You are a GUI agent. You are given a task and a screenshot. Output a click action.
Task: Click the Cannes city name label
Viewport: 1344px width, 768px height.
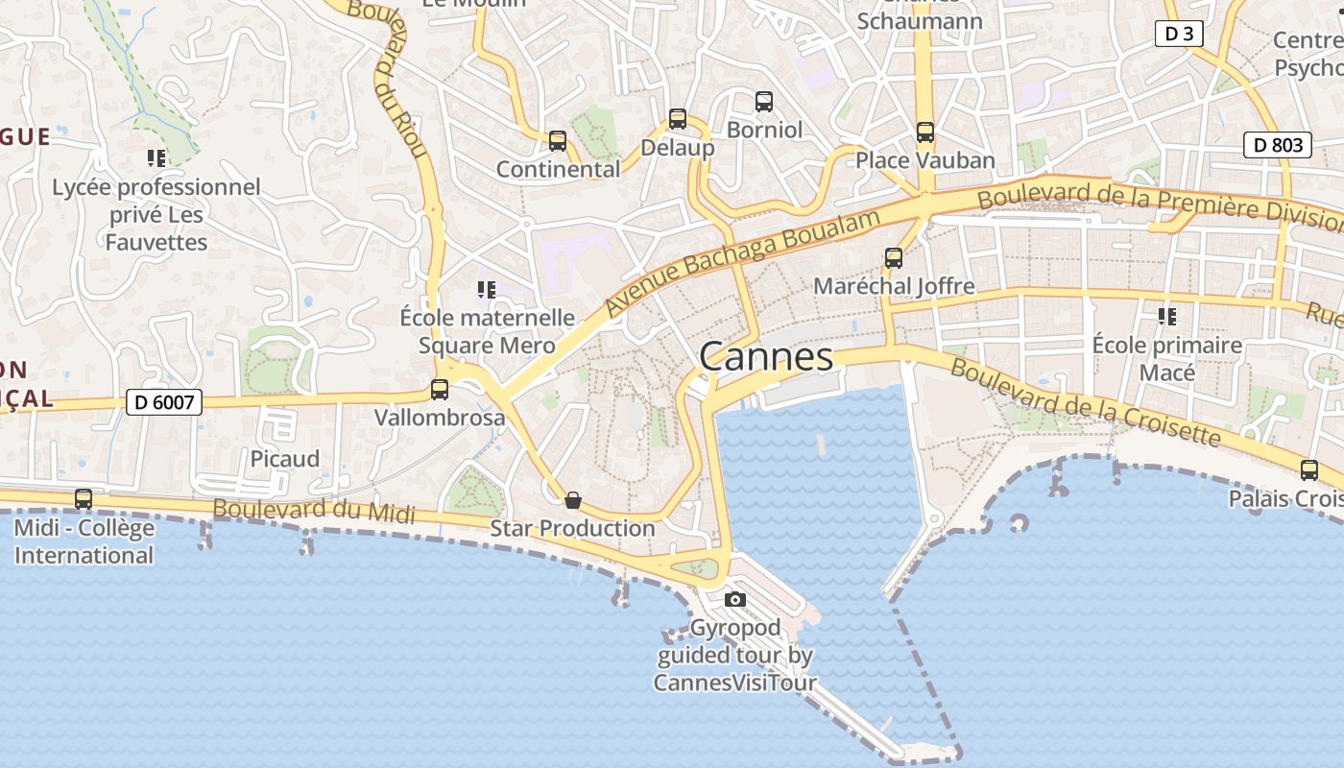(x=766, y=357)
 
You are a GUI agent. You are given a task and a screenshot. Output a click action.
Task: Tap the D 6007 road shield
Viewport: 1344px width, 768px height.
(x=164, y=402)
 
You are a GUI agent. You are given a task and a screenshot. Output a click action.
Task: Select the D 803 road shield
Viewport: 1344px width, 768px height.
(x=1279, y=145)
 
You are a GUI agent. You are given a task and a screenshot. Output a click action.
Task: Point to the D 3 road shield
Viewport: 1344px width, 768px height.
(x=1179, y=34)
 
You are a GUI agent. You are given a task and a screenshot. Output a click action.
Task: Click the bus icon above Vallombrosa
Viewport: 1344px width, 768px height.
(x=440, y=390)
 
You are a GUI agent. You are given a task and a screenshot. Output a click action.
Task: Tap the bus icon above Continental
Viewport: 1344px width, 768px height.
(x=558, y=141)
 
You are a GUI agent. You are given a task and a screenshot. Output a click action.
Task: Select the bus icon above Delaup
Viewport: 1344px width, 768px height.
(x=678, y=120)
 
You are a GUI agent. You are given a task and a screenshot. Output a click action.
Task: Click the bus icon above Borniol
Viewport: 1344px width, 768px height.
(x=764, y=101)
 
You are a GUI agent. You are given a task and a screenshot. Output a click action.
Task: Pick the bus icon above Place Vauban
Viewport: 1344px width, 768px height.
(x=925, y=132)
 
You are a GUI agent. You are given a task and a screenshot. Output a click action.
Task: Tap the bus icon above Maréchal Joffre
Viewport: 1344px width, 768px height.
(x=894, y=258)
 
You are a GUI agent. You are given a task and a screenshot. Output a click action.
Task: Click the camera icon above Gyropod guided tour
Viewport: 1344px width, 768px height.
(x=735, y=600)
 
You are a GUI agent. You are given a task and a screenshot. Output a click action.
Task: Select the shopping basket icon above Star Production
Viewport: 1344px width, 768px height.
(x=573, y=500)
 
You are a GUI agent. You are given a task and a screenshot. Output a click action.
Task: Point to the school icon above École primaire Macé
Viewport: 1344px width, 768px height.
(x=1167, y=316)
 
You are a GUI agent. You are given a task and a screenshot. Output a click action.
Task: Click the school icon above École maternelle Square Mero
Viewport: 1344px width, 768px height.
(x=487, y=289)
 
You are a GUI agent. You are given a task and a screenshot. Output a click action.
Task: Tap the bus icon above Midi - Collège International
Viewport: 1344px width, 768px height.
(x=84, y=499)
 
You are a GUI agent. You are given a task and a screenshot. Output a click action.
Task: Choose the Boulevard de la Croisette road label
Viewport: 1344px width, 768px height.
(x=1085, y=404)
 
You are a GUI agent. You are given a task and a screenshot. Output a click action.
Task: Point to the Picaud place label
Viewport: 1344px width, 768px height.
(x=285, y=459)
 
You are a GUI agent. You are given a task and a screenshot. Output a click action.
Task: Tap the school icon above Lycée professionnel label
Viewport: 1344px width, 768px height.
(x=156, y=157)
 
